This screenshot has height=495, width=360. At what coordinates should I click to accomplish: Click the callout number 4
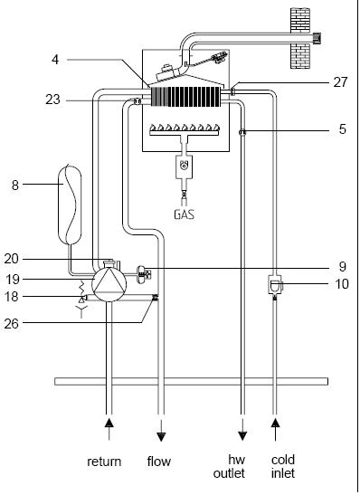55,60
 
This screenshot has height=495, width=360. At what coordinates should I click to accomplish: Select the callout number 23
52,100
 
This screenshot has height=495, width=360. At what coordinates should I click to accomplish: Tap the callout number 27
340,82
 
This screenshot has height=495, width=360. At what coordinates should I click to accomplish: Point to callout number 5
342,129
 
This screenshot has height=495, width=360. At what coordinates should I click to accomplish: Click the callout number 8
15,186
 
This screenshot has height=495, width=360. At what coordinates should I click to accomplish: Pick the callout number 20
12,259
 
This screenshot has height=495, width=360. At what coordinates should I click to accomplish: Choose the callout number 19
12,280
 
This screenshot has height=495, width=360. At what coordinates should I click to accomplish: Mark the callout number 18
12,297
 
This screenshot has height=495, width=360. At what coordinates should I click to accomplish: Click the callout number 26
12,324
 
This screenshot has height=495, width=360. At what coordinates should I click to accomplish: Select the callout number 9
343,267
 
